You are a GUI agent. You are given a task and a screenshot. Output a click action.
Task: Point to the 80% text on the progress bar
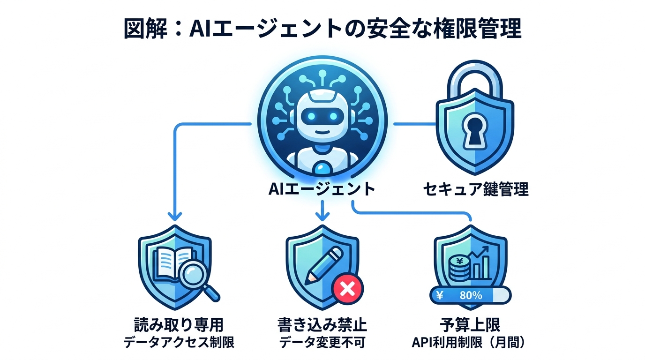click(x=471, y=296)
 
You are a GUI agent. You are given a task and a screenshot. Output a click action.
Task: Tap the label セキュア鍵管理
click(x=475, y=189)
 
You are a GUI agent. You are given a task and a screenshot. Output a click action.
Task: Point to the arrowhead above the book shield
click(x=175, y=216)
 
